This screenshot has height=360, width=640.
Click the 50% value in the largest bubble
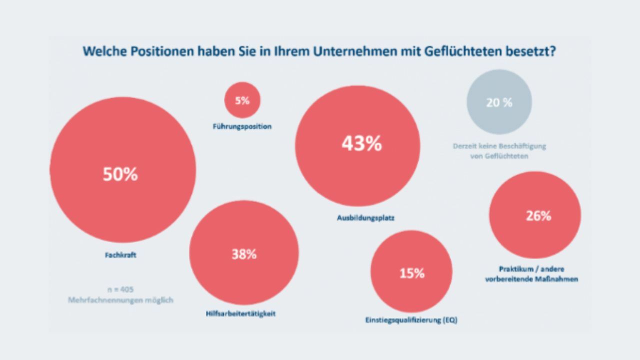pos(120,174)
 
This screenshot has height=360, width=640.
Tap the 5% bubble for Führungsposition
pos(242,100)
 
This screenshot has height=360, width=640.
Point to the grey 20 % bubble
pos(499,102)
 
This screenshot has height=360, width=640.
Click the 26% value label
pos(538,215)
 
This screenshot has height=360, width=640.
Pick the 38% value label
pos(244,254)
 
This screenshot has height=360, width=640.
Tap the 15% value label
pos(411,273)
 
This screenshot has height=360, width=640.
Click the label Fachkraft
pos(120,255)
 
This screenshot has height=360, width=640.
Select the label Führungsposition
pos(242,126)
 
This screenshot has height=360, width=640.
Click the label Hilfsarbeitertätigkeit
pos(241,314)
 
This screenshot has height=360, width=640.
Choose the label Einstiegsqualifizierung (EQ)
pos(411,320)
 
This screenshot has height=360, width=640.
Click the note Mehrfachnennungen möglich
pos(120,300)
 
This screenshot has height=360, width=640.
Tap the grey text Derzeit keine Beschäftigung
pos(499,146)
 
